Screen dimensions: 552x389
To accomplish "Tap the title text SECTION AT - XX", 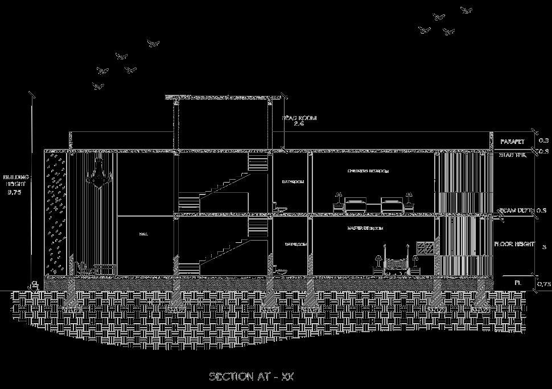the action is (x=251, y=376).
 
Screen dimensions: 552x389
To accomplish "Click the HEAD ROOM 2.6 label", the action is (x=299, y=121).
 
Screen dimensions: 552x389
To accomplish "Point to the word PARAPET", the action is (x=512, y=141).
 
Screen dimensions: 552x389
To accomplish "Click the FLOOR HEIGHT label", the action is (x=514, y=244).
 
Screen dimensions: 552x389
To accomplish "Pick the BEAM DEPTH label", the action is (x=516, y=211).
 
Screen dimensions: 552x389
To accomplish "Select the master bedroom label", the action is (x=365, y=228).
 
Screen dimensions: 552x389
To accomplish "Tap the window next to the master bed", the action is (x=426, y=247).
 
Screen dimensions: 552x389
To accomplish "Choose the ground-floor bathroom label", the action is (x=295, y=244).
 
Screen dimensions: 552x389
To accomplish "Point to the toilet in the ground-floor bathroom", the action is (x=279, y=270).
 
